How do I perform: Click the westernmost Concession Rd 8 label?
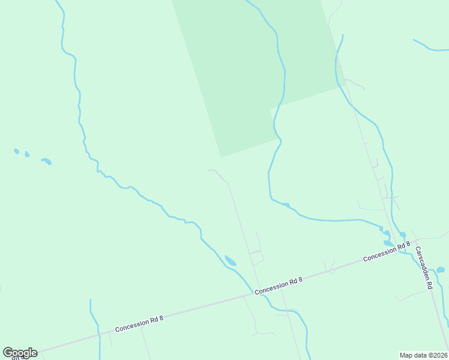139,325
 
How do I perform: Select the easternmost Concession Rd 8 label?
386,251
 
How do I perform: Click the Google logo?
20,353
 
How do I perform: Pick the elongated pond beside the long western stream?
230,260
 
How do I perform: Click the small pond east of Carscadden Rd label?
440,269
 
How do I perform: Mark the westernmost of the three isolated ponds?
16,151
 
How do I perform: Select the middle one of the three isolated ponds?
27,154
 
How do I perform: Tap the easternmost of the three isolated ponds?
46,161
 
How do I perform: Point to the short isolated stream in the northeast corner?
430,46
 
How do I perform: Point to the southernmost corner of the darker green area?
221,157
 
